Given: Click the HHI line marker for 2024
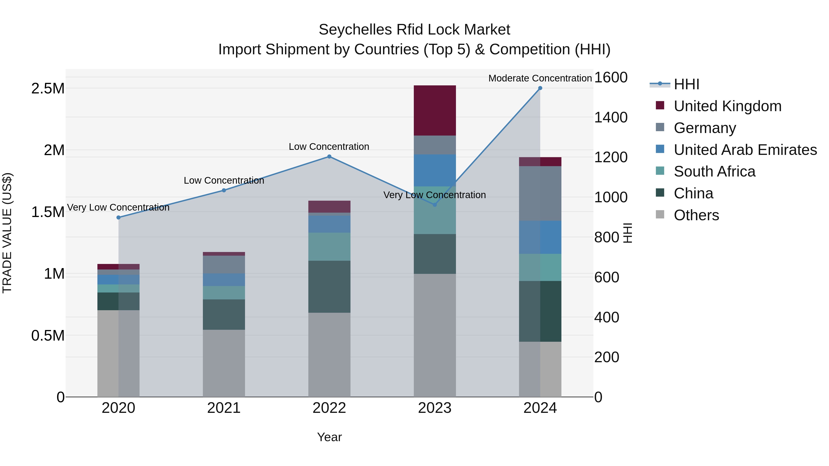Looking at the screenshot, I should (x=540, y=88).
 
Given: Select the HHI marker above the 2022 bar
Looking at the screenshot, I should (x=329, y=157).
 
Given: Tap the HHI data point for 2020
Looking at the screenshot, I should (x=118, y=217).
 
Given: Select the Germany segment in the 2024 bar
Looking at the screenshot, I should (x=540, y=193).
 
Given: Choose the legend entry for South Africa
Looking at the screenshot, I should (x=714, y=171).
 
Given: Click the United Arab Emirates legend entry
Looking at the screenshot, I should (x=745, y=150).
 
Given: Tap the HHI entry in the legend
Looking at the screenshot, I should (x=686, y=84).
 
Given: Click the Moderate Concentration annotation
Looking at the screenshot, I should (x=540, y=78).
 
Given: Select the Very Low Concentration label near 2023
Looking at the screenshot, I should (x=435, y=195).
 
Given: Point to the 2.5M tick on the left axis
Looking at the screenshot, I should (x=48, y=88).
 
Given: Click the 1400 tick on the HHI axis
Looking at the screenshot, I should (x=610, y=117).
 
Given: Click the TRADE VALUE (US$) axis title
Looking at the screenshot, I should (x=7, y=233).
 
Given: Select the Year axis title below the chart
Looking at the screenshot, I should (x=329, y=437).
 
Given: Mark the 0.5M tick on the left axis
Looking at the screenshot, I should (x=48, y=336).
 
